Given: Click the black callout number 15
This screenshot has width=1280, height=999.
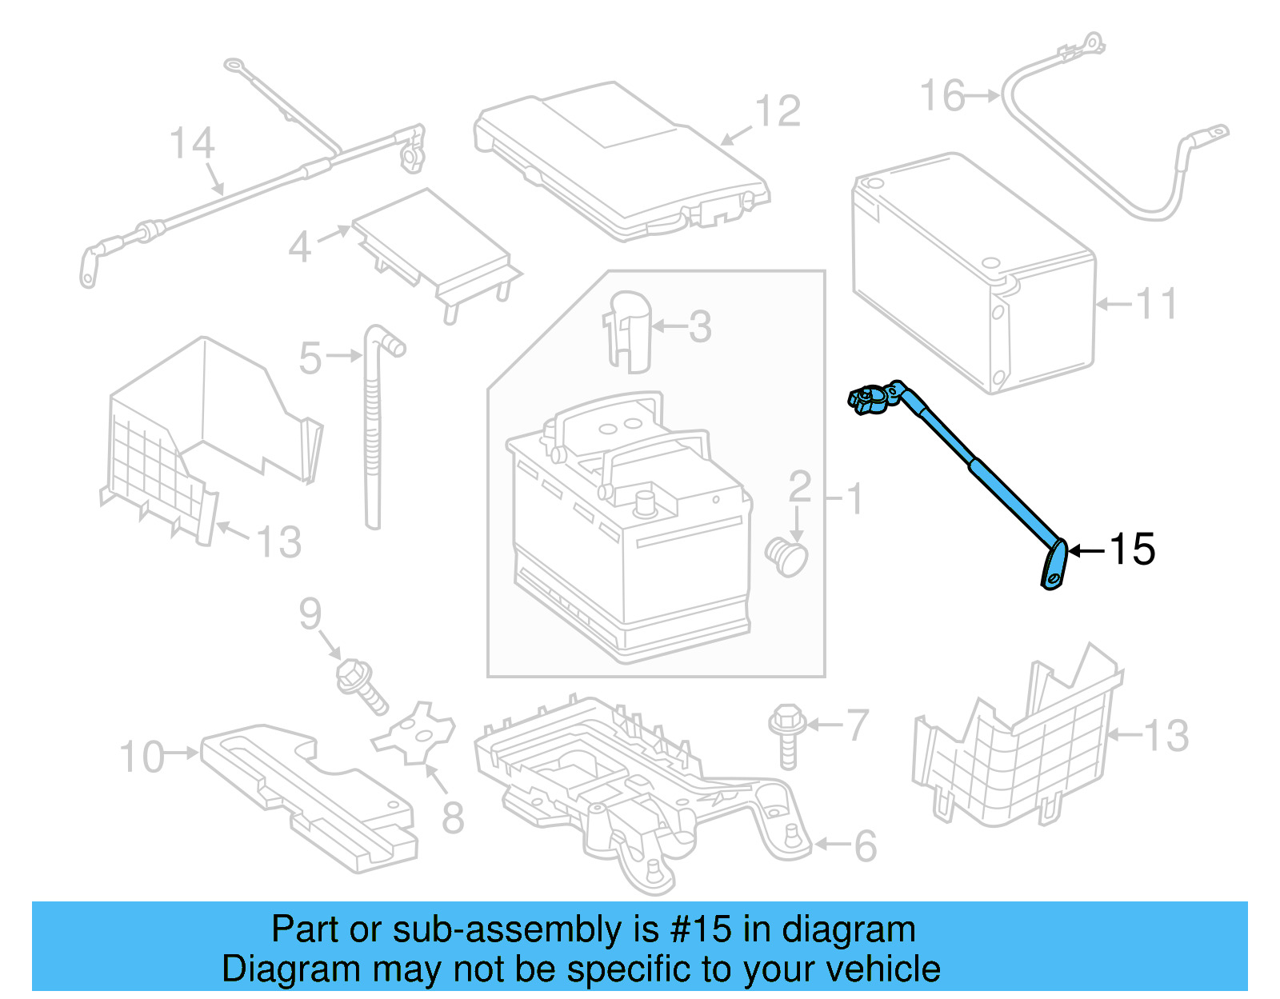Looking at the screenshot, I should click(x=1131, y=549).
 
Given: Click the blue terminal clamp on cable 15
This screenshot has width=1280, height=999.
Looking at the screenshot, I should click(x=872, y=398).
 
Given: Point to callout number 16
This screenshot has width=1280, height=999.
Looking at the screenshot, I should click(x=942, y=96).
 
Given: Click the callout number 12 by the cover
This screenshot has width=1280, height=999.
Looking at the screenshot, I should click(x=778, y=111).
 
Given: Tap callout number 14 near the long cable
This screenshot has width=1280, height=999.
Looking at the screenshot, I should click(x=192, y=143).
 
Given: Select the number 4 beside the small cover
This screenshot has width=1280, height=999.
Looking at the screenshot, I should click(x=299, y=246).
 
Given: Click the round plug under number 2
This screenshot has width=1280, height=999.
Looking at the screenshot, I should click(x=786, y=557).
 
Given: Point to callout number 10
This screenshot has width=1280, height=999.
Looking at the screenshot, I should click(x=142, y=756).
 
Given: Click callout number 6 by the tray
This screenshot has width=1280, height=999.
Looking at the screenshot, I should click(x=866, y=846).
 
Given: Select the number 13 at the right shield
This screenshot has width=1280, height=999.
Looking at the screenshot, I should click(x=1166, y=736).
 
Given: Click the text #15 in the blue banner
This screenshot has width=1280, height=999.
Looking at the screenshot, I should click(x=701, y=929).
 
